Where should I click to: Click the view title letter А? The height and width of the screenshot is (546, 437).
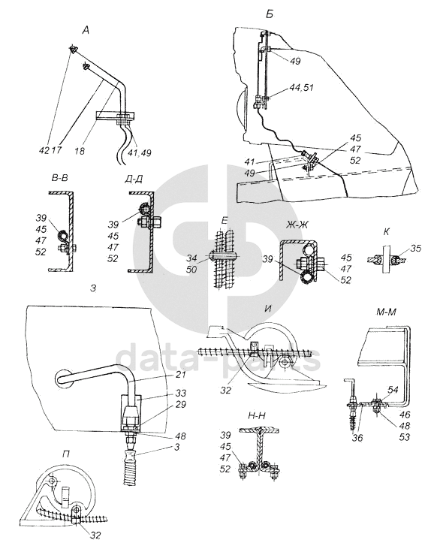[86, 31]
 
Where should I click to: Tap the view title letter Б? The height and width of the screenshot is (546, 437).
[269, 14]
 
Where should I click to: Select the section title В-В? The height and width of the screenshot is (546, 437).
[59, 178]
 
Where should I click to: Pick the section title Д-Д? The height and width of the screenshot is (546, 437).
[134, 179]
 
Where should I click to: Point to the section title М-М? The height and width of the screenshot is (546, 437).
[386, 312]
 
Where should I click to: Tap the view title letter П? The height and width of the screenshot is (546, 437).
[65, 454]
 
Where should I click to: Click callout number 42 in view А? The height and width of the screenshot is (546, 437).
[45, 150]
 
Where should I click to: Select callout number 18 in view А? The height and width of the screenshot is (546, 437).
[80, 151]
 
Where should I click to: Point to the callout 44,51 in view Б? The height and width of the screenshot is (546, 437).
[302, 87]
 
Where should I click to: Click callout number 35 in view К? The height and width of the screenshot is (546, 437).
[415, 249]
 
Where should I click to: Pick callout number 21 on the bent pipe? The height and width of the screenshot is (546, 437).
[181, 375]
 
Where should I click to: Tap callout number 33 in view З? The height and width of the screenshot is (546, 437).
[181, 393]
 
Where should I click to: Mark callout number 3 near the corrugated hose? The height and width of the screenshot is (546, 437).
[177, 447]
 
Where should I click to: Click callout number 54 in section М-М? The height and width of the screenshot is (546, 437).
[393, 390]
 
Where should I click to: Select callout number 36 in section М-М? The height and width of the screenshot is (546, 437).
[357, 437]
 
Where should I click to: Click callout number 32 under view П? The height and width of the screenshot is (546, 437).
[95, 535]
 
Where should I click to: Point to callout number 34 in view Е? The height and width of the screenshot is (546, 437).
[191, 258]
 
